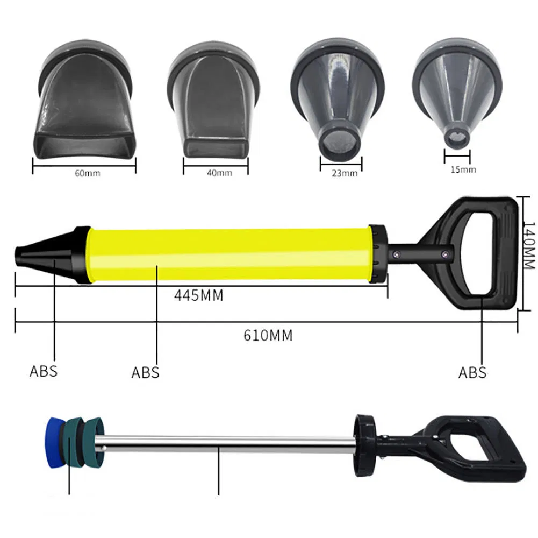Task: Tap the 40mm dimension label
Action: point(217,173)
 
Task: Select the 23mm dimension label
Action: point(345,173)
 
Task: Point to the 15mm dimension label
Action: point(463,170)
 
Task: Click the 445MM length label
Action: point(198,295)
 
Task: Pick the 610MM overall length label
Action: point(268,335)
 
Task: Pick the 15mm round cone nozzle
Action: point(457,100)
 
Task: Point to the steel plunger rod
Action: point(226,443)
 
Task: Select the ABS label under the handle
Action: point(472,372)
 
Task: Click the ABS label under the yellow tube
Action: point(145,372)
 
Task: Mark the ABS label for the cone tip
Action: point(43,371)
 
